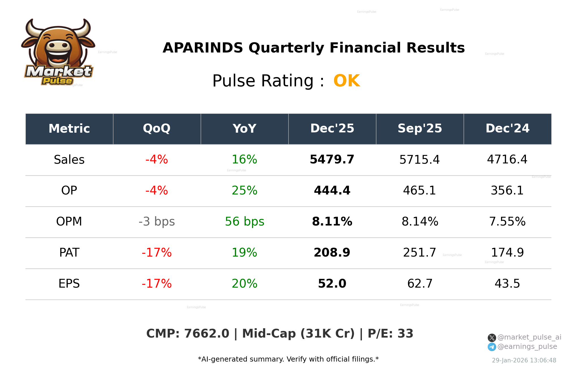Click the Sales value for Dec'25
[332, 159]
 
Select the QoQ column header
[157, 129]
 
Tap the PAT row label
[69, 253]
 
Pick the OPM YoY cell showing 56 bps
[245, 222]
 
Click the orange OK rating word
[347, 81]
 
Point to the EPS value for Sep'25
[420, 284]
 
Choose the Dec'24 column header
[508, 129]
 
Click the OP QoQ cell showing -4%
[157, 191]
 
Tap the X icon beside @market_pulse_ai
[492, 338]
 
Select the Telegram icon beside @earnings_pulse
[492, 347]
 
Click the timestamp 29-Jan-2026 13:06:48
[524, 360]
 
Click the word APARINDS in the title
[203, 48]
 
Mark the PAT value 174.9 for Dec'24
[507, 253]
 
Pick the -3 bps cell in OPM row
[157, 222]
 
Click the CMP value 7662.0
[206, 334]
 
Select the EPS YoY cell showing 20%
[245, 284]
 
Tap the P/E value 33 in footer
[405, 334]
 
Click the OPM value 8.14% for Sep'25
[420, 222]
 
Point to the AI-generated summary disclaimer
[288, 359]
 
